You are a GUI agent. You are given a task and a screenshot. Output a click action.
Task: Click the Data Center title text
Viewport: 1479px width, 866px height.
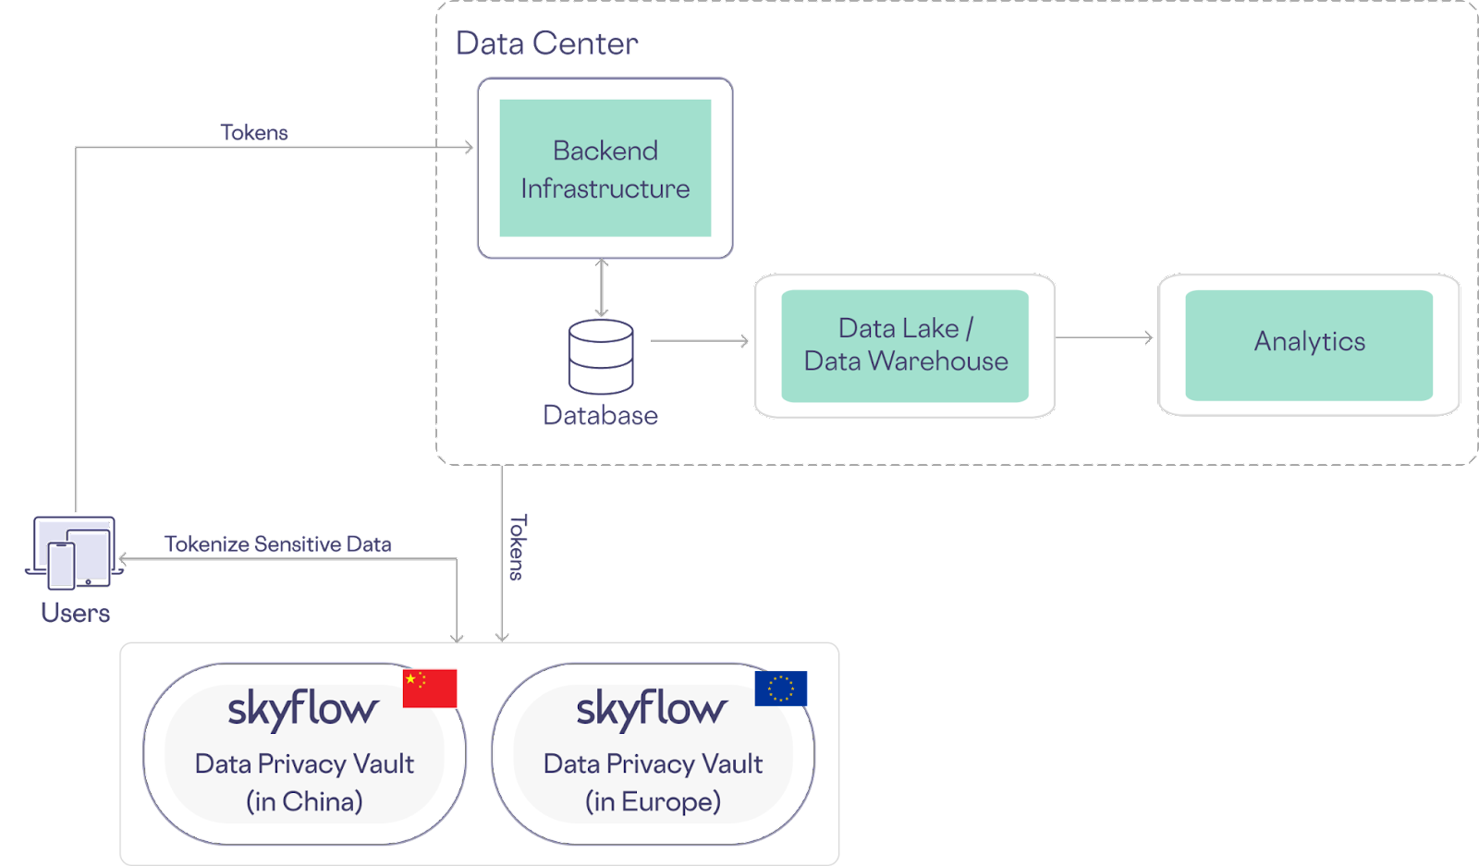[546, 43]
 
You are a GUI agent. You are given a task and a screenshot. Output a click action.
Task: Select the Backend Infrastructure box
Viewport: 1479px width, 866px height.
[605, 168]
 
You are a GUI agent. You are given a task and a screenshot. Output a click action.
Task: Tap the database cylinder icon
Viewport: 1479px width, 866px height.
[601, 356]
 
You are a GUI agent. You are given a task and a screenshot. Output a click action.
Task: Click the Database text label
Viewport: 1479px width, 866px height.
[600, 415]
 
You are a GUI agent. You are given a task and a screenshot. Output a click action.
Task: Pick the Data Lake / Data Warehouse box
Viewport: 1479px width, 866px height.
[904, 346]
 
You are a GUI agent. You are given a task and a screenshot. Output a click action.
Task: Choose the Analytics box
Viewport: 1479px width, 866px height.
[1308, 343]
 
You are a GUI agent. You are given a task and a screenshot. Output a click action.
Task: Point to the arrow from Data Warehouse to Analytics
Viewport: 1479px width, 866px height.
[1105, 338]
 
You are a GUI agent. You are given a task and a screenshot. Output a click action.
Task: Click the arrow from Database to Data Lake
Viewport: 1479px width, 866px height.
[699, 341]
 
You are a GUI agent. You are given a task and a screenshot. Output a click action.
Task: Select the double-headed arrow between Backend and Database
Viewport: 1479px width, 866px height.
[602, 287]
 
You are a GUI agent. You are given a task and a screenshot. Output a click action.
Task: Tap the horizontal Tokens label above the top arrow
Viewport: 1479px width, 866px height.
[254, 132]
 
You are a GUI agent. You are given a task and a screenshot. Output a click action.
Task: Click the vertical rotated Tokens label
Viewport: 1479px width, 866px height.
[518, 547]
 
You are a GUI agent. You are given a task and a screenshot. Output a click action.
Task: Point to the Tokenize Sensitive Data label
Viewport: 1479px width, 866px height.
[277, 543]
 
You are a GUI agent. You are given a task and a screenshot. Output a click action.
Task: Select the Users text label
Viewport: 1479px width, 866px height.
[75, 612]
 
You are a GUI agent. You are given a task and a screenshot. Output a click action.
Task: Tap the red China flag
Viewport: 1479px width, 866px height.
[430, 688]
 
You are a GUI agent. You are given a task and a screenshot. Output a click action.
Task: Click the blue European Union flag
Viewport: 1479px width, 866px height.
[780, 689]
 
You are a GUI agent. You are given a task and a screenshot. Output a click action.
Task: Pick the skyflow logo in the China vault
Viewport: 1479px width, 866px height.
[302, 709]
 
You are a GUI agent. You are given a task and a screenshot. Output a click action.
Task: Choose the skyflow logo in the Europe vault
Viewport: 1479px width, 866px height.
[651, 709]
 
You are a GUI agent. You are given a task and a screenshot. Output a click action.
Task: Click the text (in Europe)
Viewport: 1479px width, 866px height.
[653, 801]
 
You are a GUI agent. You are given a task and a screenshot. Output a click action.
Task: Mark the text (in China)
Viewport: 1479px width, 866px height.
[304, 801]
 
